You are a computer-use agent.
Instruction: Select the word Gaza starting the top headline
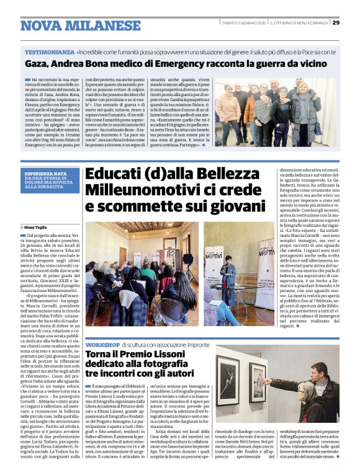click(x=36, y=63)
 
